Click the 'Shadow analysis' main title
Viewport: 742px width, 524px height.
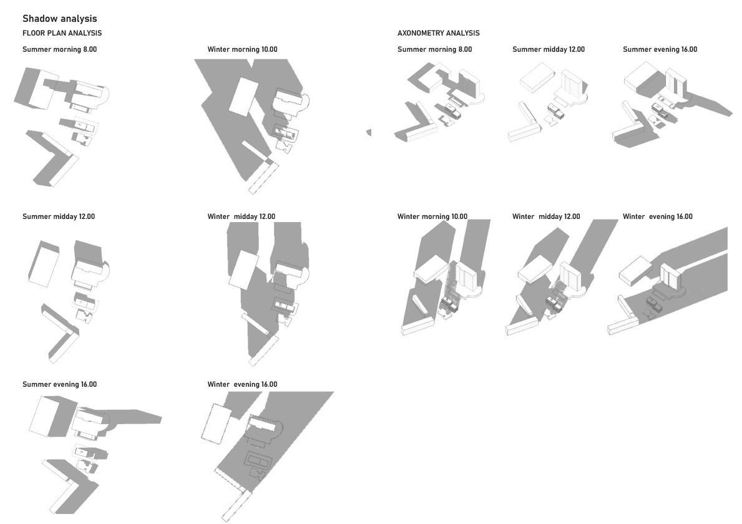60,19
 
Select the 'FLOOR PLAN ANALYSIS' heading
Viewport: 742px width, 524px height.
62,33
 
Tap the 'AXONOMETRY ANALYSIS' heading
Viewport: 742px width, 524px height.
438,33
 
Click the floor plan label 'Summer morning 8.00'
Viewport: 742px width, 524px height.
60,49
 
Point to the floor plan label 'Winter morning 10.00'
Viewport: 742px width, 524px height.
242,49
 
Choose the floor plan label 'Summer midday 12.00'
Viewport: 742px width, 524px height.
59,216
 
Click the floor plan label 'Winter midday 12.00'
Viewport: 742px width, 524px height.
242,216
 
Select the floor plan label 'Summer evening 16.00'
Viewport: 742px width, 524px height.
60,384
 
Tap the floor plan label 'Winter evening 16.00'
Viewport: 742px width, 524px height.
242,384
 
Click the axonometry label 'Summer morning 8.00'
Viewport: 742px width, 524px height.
434,49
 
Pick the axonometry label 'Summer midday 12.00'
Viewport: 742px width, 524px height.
549,49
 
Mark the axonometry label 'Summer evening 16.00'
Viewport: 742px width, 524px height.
660,49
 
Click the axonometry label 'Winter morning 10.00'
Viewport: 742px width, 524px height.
432,216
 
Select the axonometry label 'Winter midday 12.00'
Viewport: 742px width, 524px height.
546,216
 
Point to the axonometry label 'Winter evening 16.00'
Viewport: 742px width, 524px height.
657,216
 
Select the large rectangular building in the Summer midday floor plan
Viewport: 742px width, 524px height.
44,264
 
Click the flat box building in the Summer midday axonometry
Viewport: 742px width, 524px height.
537,79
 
